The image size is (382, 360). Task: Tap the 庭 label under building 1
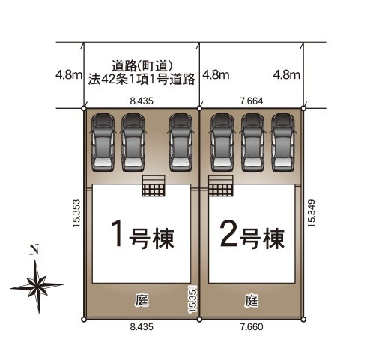pyautogui.click(x=142, y=301)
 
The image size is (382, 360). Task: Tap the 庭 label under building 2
pyautogui.click(x=251, y=301)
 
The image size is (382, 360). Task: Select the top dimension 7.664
pyautogui.click(x=250, y=97)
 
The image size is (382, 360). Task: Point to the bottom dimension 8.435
pyautogui.click(x=142, y=328)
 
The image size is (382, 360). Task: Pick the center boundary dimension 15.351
pyautogui.click(x=193, y=298)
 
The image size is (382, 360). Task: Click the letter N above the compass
pyautogui.click(x=31, y=250)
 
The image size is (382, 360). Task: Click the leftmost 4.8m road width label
pyautogui.click(x=68, y=74)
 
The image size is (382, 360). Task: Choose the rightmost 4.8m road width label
pyautogui.click(x=287, y=74)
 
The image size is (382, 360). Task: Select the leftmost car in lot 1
pyautogui.click(x=103, y=142)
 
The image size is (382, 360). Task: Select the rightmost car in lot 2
pyautogui.click(x=282, y=142)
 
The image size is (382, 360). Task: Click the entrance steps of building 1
pyautogui.click(x=154, y=186)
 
